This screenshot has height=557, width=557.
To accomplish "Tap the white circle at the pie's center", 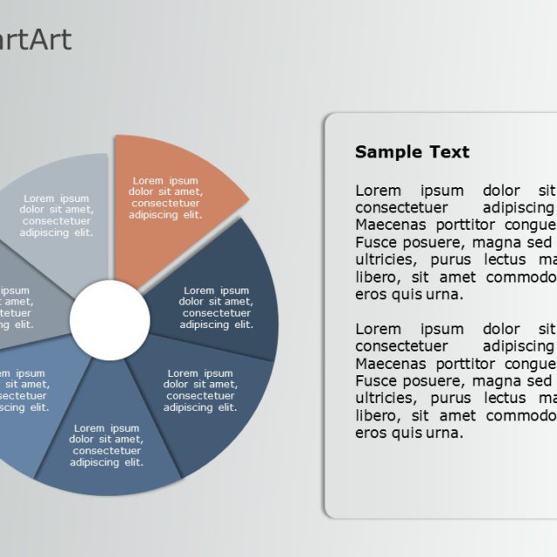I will [x=110, y=319].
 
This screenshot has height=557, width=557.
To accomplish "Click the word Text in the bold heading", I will [x=448, y=152].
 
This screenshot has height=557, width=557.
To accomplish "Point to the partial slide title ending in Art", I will [x=35, y=39].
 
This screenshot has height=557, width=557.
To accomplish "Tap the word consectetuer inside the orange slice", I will [x=165, y=204].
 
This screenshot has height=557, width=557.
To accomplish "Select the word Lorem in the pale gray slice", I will [x=41, y=198].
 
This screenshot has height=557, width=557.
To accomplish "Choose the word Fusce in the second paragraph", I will [x=375, y=381].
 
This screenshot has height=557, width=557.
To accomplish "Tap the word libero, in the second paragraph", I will [x=378, y=416].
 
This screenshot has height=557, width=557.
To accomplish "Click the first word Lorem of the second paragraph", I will [x=378, y=329].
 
